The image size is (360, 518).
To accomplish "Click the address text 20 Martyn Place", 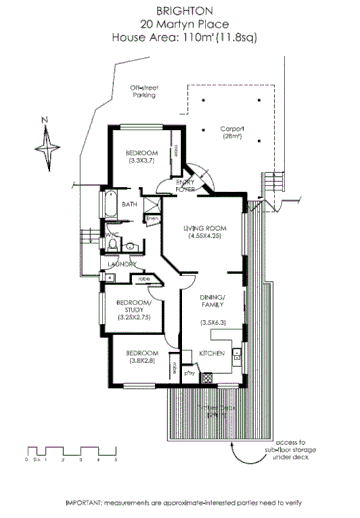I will (180, 22).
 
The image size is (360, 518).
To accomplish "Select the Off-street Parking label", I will (146, 92).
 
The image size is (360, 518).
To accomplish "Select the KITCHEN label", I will (211, 354).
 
